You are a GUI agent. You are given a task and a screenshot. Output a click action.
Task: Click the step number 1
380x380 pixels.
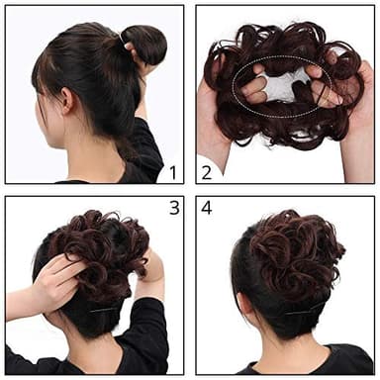coord(172,172)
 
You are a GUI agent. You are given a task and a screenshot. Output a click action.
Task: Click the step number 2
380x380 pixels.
coord(207,172)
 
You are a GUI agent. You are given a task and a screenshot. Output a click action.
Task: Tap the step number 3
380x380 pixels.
coord(174,208)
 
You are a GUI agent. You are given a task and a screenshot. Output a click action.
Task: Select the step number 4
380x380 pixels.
coord(207,209)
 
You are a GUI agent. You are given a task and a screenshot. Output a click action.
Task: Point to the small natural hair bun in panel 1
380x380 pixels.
coord(145,44)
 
